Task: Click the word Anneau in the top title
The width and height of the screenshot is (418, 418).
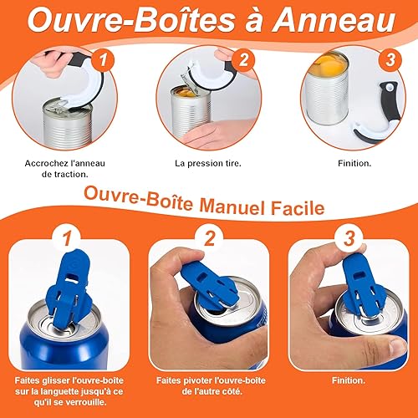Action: (x=334, y=20)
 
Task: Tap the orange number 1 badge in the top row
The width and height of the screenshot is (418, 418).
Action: (x=104, y=60)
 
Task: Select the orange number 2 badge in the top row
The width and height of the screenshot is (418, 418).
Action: (x=243, y=60)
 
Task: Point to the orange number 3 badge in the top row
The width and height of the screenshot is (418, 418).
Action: (x=390, y=59)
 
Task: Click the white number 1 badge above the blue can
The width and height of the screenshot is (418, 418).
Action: (x=67, y=239)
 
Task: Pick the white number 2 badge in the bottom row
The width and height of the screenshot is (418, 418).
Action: (x=209, y=238)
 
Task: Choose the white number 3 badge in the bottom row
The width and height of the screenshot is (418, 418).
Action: (x=349, y=238)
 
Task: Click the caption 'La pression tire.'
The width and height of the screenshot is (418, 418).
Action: (x=208, y=163)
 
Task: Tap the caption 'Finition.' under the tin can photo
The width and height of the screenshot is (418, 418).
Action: (x=354, y=163)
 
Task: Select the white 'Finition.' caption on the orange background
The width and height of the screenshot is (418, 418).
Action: (x=349, y=380)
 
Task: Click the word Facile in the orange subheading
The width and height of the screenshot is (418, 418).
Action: (x=298, y=208)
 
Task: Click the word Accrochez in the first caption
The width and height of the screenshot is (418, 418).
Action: (x=43, y=163)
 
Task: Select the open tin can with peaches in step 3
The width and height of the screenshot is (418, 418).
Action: (x=327, y=89)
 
